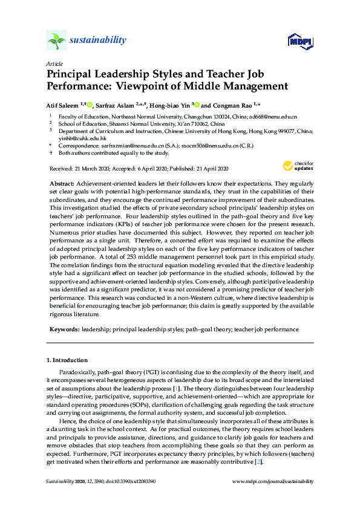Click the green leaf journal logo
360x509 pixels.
[x=56, y=41]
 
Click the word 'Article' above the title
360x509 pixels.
[x=53, y=63]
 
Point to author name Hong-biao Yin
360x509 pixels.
[x=168, y=105]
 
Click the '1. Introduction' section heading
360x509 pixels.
[x=67, y=360]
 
